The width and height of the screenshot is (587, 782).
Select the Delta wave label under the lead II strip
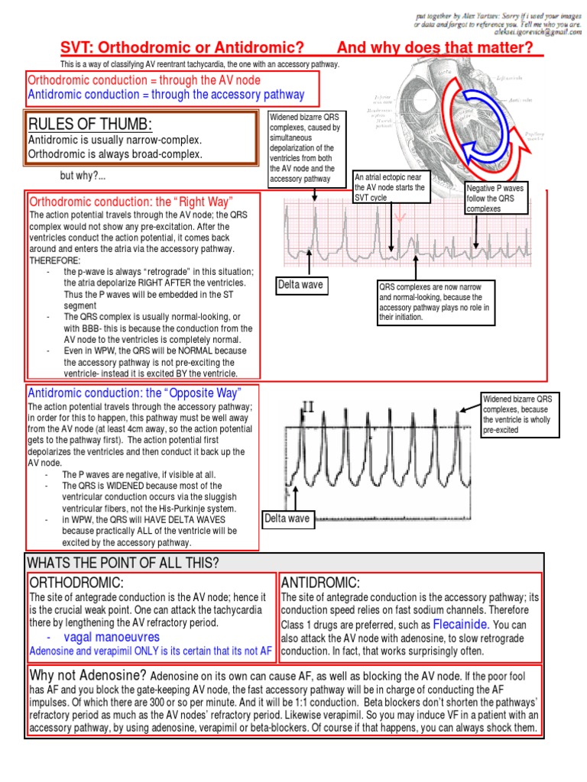[288, 519]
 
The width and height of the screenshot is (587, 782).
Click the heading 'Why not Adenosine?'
[88, 676]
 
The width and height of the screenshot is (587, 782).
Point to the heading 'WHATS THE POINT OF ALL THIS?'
[123, 563]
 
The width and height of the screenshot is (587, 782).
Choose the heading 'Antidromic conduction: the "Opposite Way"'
[135, 393]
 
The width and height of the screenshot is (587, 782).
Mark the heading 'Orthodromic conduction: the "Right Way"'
[130, 202]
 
